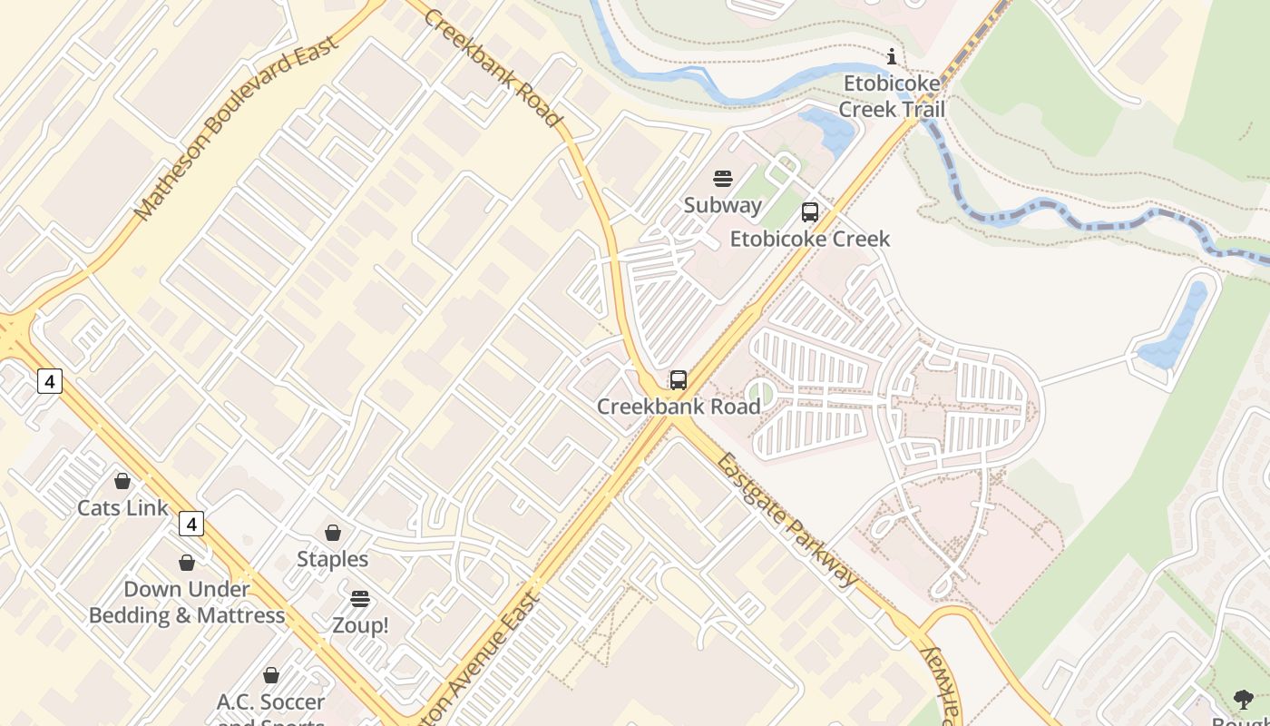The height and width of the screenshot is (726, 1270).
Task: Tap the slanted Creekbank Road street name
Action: click(x=493, y=68)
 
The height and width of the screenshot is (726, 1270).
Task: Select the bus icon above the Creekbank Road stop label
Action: click(x=679, y=380)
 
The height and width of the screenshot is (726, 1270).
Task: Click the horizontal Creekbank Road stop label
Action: click(x=679, y=407)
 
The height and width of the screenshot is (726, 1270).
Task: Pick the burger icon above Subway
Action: click(x=723, y=179)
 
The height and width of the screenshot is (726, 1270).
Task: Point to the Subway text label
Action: click(x=723, y=205)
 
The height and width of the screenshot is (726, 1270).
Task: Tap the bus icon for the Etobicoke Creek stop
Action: click(x=810, y=213)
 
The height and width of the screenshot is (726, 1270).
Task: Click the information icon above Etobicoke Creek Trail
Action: click(x=892, y=57)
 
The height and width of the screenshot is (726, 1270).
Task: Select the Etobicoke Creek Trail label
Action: click(x=893, y=96)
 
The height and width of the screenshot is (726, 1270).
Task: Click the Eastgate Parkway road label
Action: click(x=786, y=519)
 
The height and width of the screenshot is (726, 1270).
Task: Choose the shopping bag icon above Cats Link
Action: click(x=122, y=481)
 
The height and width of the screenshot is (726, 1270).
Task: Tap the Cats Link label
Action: click(x=122, y=507)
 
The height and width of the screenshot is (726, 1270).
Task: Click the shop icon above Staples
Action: click(x=333, y=533)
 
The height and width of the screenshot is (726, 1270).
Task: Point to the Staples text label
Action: click(x=333, y=559)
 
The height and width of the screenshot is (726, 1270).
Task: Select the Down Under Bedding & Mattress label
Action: click(x=187, y=603)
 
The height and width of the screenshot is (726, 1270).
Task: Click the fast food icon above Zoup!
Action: click(x=360, y=599)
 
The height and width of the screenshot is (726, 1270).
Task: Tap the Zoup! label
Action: click(x=360, y=625)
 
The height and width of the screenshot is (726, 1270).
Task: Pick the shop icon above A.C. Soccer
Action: click(x=271, y=675)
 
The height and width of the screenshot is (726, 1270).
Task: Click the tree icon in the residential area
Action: click(x=1244, y=699)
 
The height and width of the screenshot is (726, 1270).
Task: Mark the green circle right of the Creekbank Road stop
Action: click(x=759, y=393)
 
